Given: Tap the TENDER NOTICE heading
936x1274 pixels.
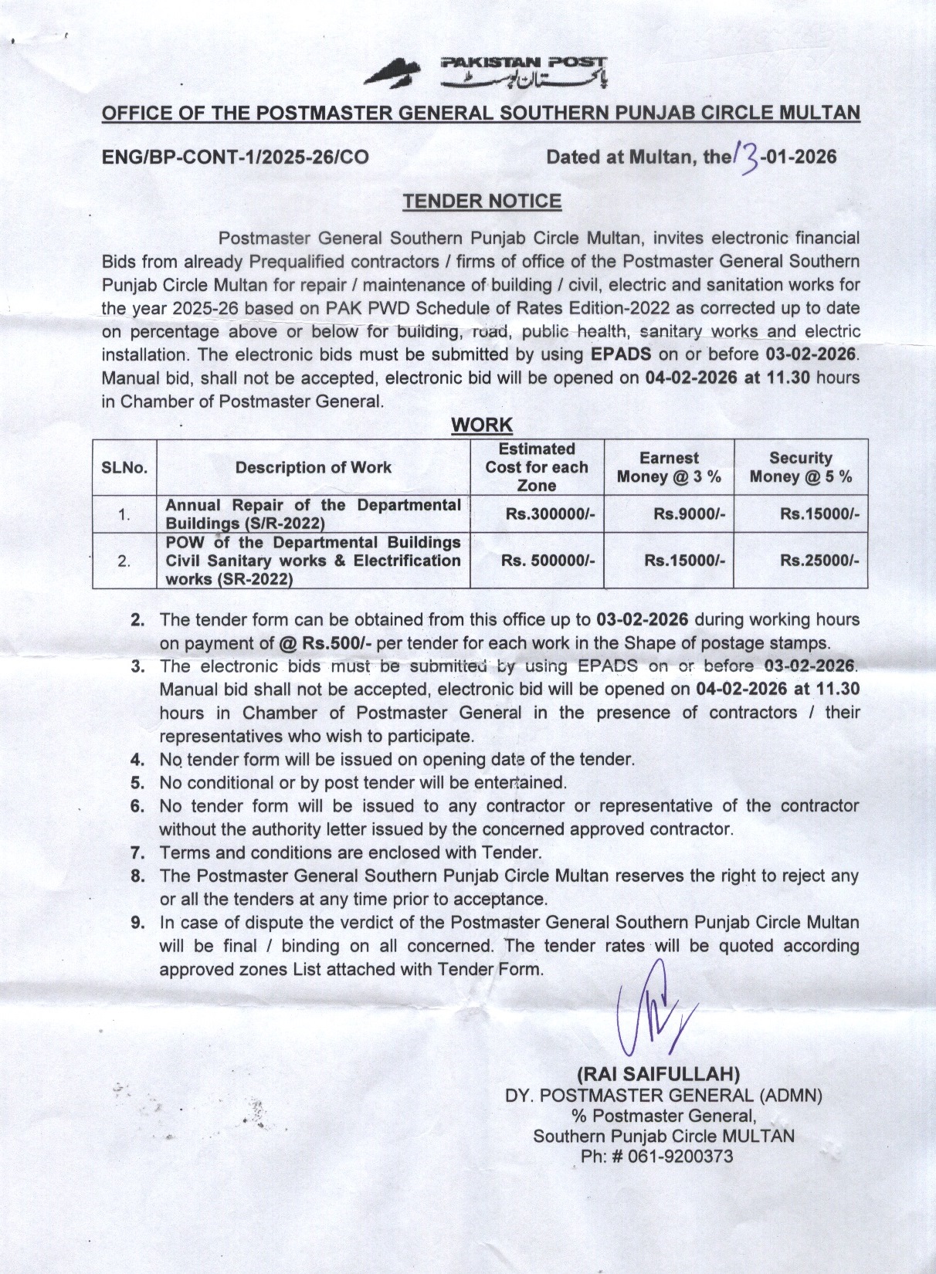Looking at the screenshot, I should tap(481, 202).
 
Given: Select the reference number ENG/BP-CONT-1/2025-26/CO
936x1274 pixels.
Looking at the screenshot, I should tap(236, 158).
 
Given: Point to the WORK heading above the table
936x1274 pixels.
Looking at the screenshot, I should tap(481, 425).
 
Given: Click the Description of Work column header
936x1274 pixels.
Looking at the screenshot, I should tap(313, 468).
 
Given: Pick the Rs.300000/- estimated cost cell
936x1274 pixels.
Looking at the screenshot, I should tap(550, 514).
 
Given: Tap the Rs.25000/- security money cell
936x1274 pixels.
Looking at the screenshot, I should tap(819, 561).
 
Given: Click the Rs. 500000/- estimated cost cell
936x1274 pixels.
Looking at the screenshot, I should tap(548, 561).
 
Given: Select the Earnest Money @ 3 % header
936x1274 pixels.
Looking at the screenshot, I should tap(669, 468).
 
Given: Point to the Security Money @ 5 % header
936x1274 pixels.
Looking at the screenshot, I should tap(801, 468).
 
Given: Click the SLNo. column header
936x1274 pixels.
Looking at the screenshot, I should tap(124, 468).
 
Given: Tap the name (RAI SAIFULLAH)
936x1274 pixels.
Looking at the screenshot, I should tap(659, 1074).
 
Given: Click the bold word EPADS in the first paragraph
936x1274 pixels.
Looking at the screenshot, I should tap(620, 355).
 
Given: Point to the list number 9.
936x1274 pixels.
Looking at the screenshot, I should tap(137, 923).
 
